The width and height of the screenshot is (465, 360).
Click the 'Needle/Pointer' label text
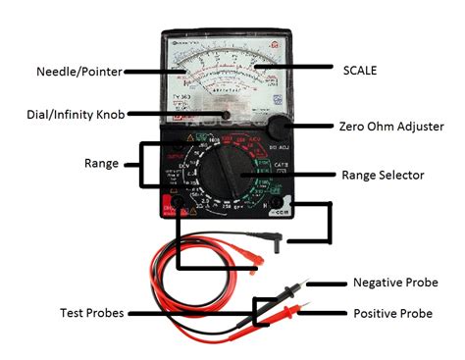coord(80,71)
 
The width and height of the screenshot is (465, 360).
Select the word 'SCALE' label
coord(364,71)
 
